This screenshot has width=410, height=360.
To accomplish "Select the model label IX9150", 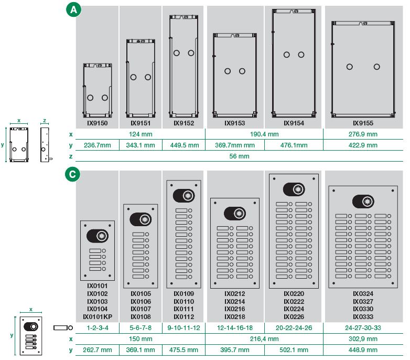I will pyautogui.click(x=97, y=123).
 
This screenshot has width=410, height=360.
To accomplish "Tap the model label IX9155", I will pyautogui.click(x=363, y=123).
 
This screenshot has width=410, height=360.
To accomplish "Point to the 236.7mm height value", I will pyautogui.click(x=98, y=145).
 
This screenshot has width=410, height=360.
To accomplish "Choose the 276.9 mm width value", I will pyautogui.click(x=363, y=134).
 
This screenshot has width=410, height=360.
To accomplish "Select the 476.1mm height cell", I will pyautogui.click(x=294, y=145).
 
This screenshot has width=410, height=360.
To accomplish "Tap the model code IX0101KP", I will pyautogui.click(x=98, y=317).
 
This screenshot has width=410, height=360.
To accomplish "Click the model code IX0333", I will pyautogui.click(x=363, y=317).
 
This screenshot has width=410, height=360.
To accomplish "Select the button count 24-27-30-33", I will pyautogui.click(x=363, y=328).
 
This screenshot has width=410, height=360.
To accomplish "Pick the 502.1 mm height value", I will pyautogui.click(x=294, y=350).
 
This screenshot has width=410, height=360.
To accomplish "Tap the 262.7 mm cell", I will pyautogui.click(x=98, y=350).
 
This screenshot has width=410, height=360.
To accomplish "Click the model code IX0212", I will pyautogui.click(x=234, y=294).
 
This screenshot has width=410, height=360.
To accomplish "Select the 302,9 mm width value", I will pyautogui.click(x=363, y=339).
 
